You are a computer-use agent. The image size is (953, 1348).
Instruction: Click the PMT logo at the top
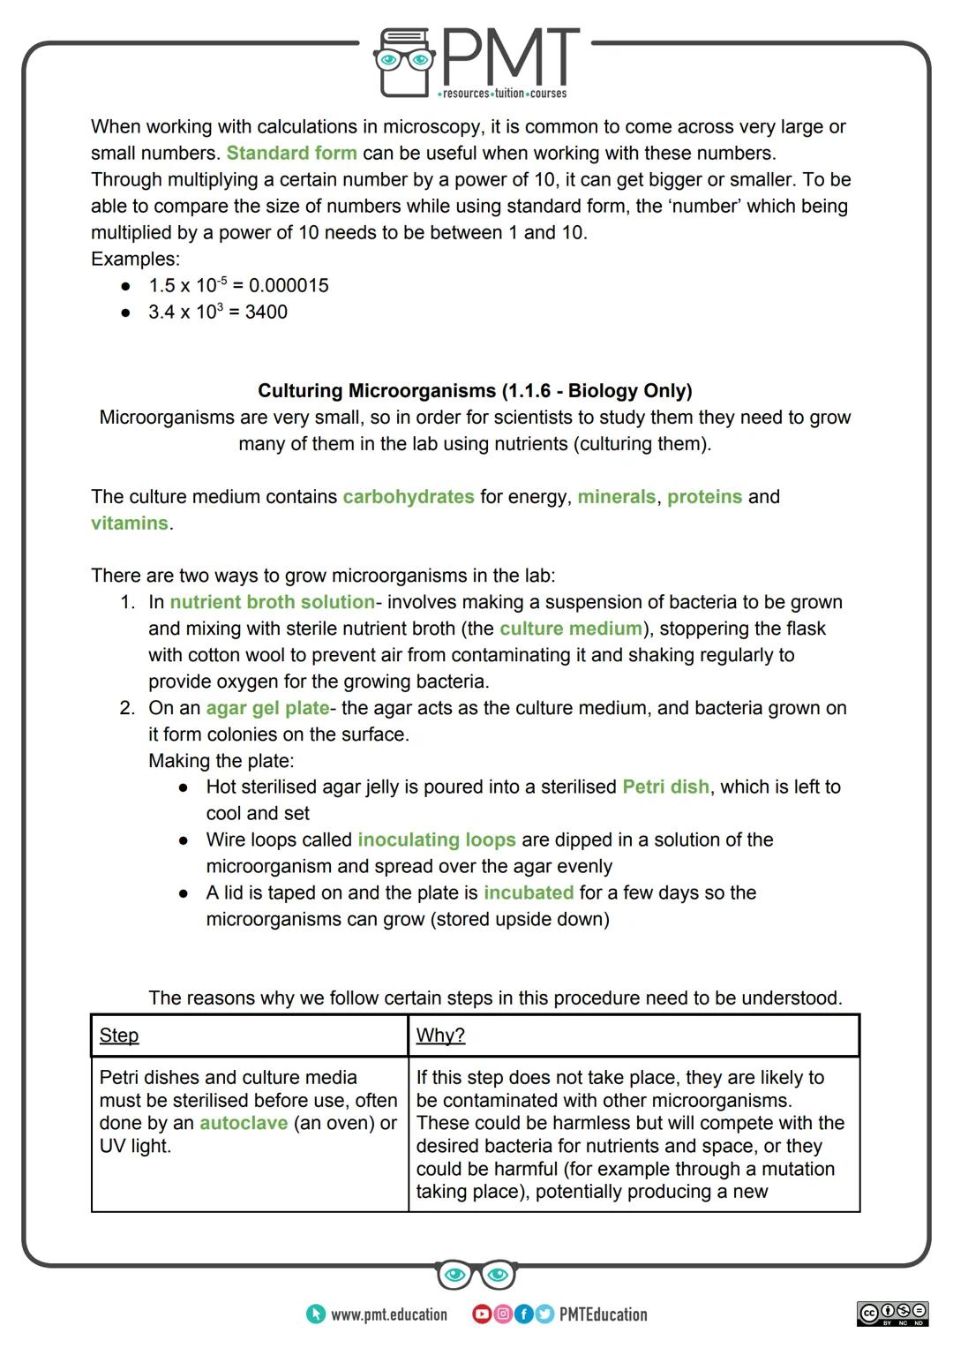476,62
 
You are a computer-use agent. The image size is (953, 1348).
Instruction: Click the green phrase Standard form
291,153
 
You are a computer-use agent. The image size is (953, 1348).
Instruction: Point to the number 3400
266,312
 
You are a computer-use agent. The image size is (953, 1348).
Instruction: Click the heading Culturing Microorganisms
475,390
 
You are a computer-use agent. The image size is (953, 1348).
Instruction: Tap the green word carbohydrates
408,496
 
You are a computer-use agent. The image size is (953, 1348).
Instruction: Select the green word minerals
616,496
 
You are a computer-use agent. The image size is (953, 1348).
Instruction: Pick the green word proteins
704,496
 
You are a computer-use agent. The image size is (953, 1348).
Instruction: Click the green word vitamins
129,523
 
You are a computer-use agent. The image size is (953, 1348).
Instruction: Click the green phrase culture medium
571,629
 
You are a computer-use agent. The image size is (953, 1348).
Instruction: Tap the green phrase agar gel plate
267,708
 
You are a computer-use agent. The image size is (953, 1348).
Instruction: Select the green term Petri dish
665,787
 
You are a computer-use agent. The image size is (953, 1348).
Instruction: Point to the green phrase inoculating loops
436,840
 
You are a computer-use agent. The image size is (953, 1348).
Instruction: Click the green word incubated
528,892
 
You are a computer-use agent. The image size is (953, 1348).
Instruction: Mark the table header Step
119,1035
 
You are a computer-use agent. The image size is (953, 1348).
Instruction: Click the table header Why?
440,1035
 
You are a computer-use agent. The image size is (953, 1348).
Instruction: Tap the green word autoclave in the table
244,1123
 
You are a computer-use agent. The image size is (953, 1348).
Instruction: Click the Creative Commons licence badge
892,1314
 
